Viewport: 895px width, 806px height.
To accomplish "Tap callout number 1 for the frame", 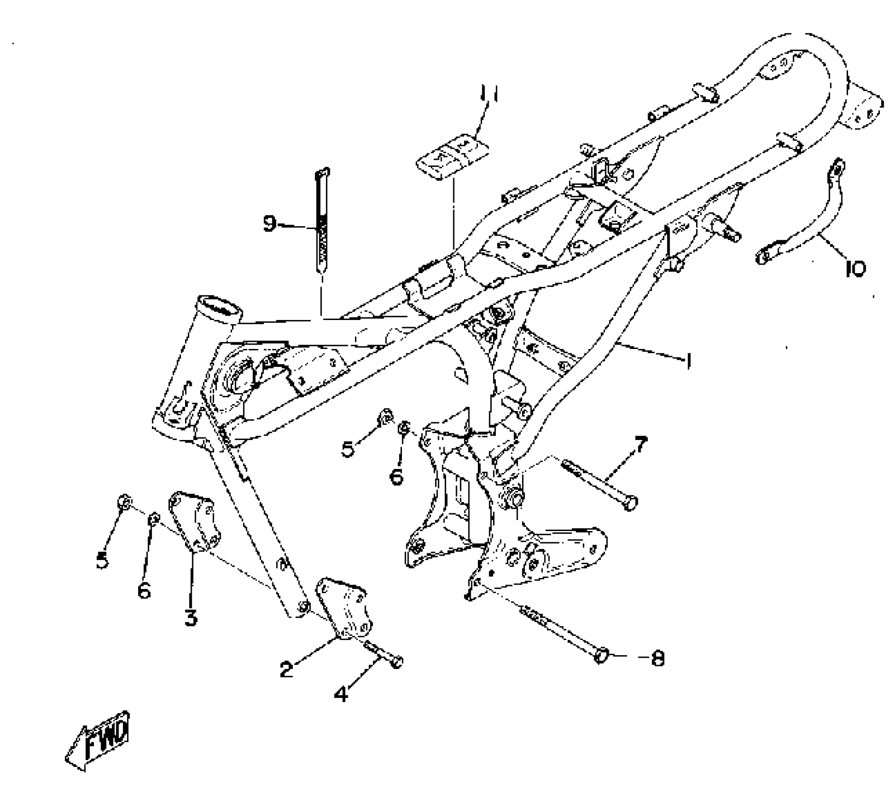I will click(688, 362).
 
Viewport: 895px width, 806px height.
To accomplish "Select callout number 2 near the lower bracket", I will click(286, 669).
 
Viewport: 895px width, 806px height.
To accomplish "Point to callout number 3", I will click(191, 618).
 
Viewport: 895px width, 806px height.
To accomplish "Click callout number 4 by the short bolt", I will click(341, 694).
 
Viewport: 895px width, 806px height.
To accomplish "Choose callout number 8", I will click(657, 658).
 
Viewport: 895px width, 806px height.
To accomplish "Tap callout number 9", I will click(270, 223).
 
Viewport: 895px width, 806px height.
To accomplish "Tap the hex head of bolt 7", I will click(630, 502).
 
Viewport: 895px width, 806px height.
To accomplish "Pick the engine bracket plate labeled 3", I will click(193, 522).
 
